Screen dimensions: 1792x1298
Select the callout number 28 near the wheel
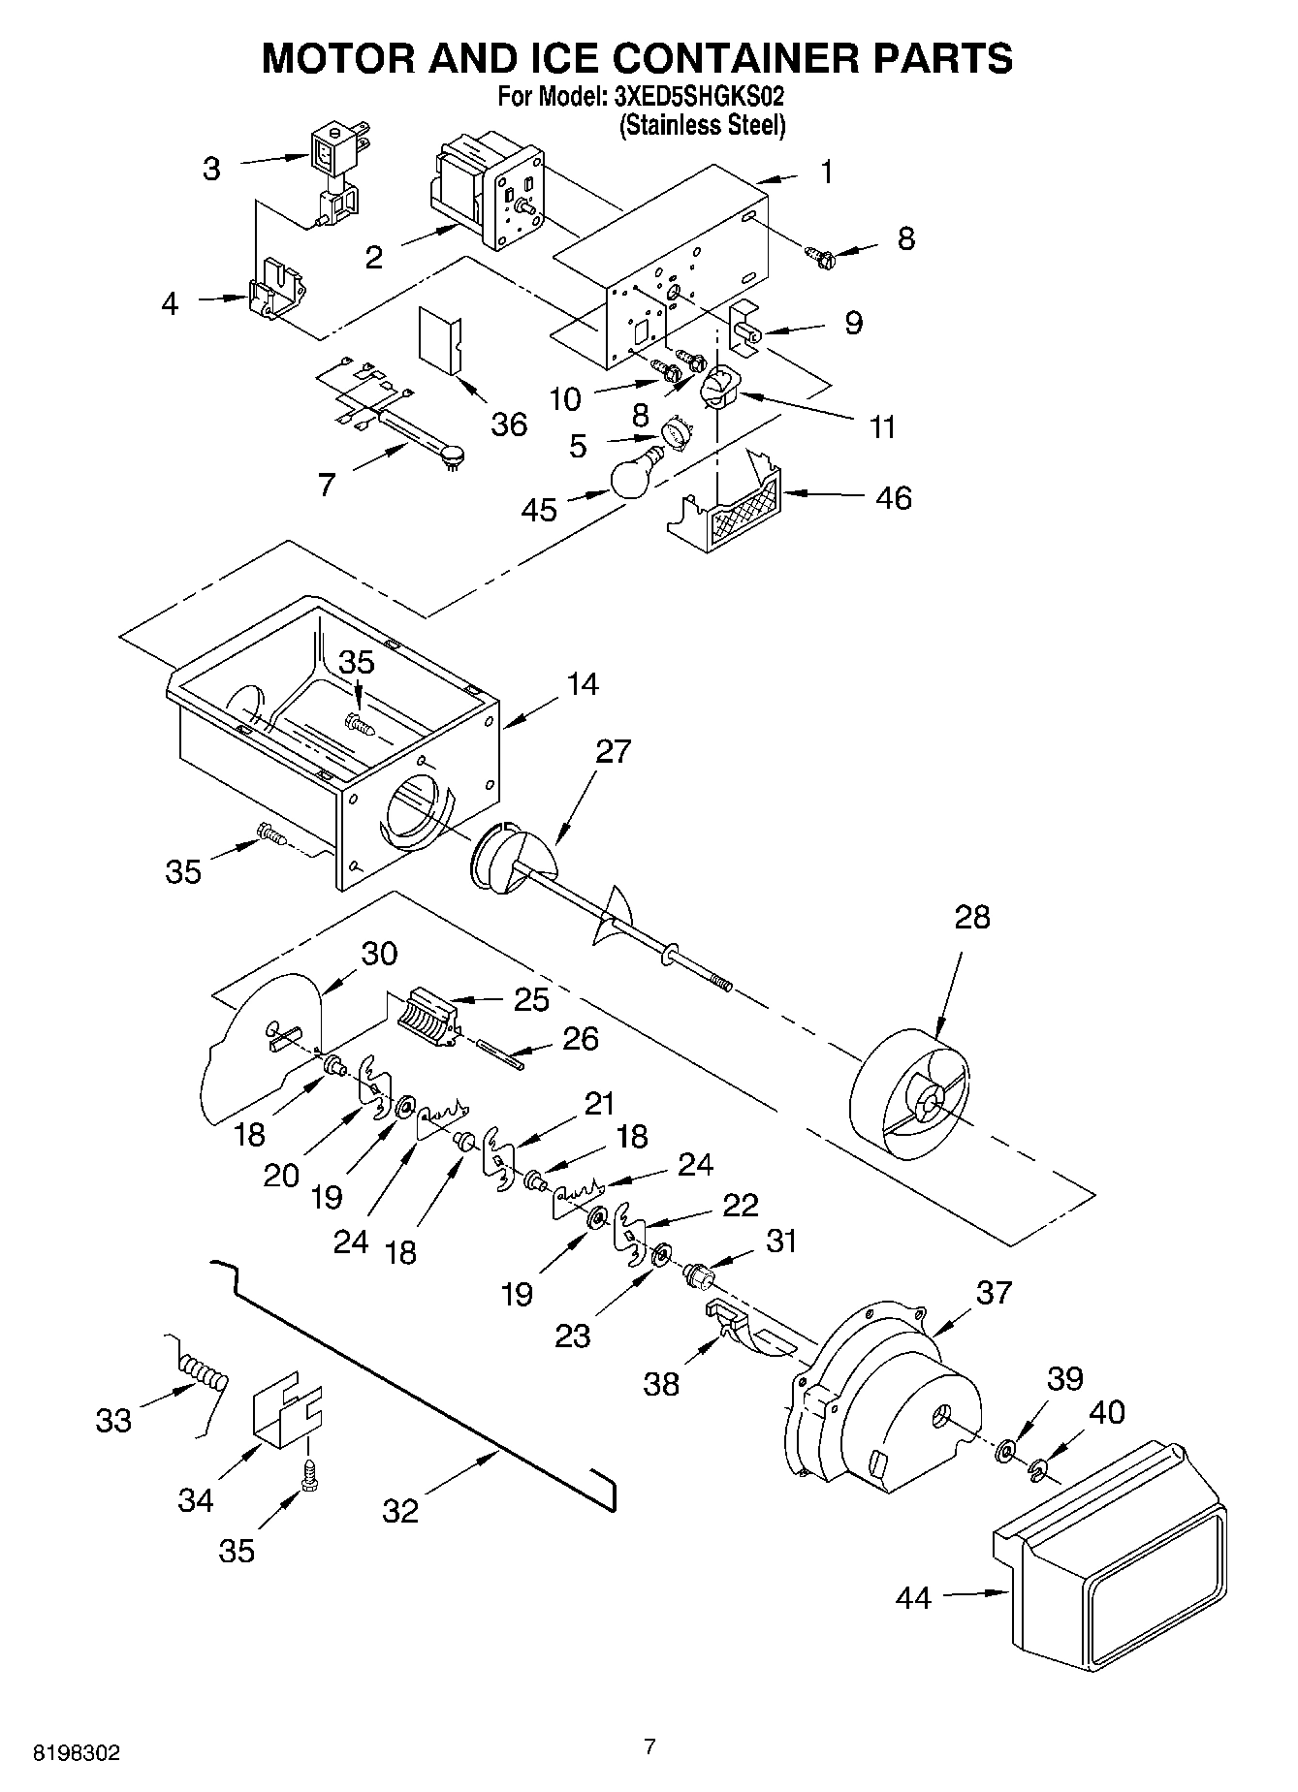[x=972, y=917]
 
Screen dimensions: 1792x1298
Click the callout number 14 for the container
[x=582, y=684]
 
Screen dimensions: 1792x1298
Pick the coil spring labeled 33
[x=205, y=1374]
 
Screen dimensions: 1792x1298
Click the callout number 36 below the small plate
[x=508, y=424]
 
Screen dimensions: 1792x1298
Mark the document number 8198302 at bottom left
[x=78, y=1752]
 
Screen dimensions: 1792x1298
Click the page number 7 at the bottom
[x=649, y=1745]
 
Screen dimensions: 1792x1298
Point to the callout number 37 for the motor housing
[x=994, y=1292]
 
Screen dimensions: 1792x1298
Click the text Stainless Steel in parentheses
[x=702, y=125]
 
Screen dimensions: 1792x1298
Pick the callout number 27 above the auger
[x=613, y=751]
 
